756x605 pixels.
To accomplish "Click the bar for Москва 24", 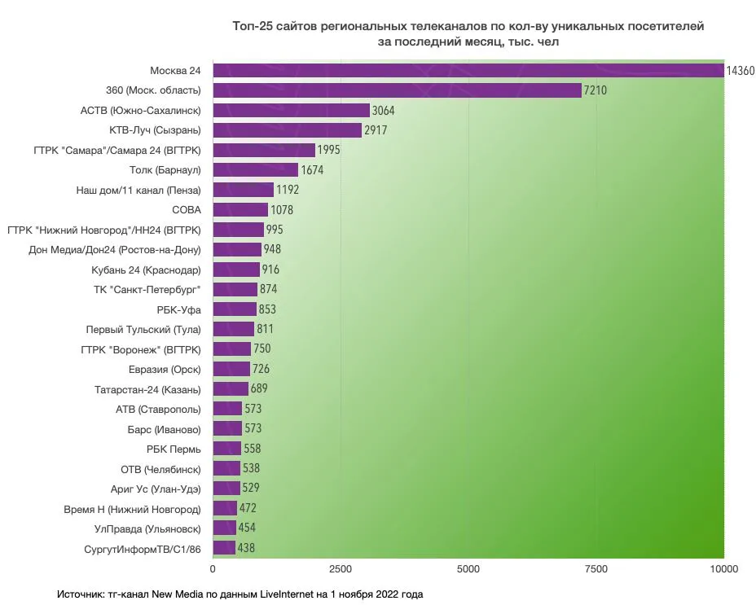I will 468,71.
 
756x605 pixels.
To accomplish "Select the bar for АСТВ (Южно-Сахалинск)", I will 291,110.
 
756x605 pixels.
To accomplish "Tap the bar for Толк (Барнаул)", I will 255,170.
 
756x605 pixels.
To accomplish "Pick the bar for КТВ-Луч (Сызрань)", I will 287,130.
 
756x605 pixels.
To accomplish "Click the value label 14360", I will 741,71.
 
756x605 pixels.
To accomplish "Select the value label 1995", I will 327,151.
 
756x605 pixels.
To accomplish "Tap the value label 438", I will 246,548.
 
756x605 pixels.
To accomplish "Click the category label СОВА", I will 187,210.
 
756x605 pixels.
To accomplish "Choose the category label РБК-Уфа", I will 178,309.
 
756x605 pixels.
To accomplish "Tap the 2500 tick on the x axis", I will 341,568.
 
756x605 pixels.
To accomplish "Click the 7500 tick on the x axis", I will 596,568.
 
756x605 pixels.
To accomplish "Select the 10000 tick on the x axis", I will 723,568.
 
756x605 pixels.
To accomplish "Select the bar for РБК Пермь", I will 227,449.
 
